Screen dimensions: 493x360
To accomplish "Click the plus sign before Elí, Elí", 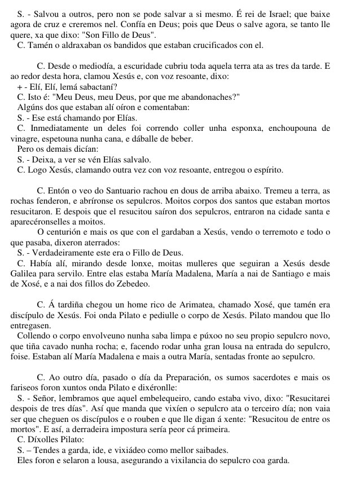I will click(x=20, y=87).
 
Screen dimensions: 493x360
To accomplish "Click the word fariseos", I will click(x=25, y=388).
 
